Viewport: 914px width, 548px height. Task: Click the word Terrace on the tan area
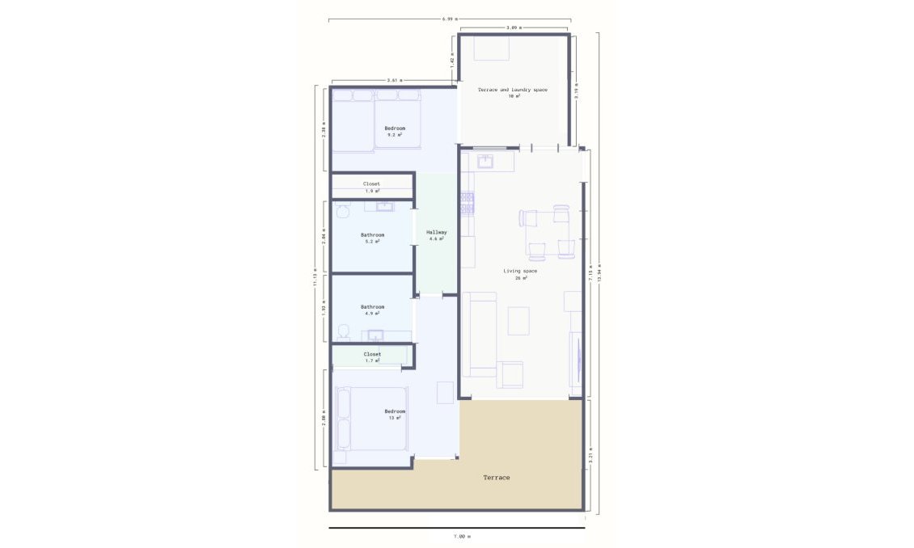click(x=497, y=478)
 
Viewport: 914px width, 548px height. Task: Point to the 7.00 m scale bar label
click(x=461, y=536)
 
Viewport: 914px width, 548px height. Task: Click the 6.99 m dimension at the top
click(x=450, y=18)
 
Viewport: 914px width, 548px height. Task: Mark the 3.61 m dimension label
click(x=395, y=80)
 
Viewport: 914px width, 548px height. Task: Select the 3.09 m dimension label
click(x=514, y=27)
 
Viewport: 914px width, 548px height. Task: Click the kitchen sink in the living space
click(x=486, y=162)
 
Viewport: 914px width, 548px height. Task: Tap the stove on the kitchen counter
click(x=468, y=202)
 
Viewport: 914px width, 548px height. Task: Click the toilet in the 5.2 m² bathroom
click(x=341, y=212)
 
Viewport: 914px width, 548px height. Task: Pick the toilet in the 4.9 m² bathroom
click(x=344, y=331)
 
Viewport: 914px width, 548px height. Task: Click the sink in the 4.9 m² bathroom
click(x=375, y=335)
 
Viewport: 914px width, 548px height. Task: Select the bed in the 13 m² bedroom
click(x=372, y=418)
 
